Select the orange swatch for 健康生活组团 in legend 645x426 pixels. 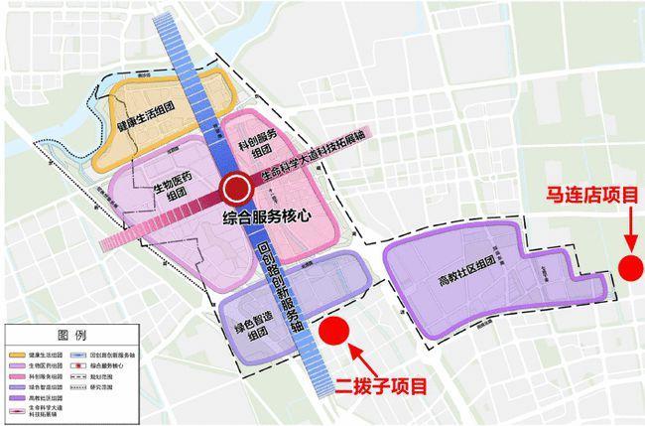pyautogui.click(x=17, y=353)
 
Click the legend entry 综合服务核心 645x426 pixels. pyautogui.click(x=124, y=364)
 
